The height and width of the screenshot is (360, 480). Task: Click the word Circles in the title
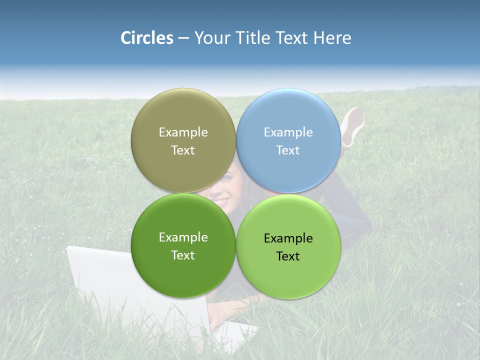pyautogui.click(x=146, y=38)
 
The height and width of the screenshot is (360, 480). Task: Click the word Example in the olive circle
pyautogui.click(x=183, y=132)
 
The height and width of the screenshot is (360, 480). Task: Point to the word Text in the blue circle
pyautogui.click(x=288, y=150)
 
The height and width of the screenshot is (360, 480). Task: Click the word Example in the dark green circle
pyautogui.click(x=183, y=237)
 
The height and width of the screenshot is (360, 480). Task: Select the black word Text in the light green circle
pyautogui.click(x=288, y=256)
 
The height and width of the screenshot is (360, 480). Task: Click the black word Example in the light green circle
pyautogui.click(x=288, y=238)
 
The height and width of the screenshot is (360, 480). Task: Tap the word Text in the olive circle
pyautogui.click(x=183, y=150)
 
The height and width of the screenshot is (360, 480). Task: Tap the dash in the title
pyautogui.click(x=183, y=38)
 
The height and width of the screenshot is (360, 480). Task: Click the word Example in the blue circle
pyautogui.click(x=288, y=132)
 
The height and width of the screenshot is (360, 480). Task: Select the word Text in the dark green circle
pyautogui.click(x=183, y=255)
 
